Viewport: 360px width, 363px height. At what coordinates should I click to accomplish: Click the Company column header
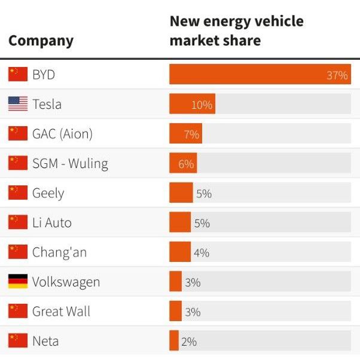point(41,41)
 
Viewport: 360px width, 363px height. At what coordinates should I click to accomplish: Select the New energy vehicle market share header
point(236,31)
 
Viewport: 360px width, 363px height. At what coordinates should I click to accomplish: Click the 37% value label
point(337,75)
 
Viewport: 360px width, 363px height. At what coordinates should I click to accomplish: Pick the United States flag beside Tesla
point(18,104)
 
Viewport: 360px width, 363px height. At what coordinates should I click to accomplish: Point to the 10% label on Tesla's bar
point(202,105)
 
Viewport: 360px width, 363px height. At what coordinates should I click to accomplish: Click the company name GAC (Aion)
point(62,133)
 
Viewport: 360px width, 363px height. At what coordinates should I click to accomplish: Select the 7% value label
point(191,135)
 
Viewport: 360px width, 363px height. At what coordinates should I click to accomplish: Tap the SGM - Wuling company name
point(70,163)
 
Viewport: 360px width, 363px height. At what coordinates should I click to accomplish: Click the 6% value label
point(186,164)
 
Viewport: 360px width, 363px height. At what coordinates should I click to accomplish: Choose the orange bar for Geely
point(181,193)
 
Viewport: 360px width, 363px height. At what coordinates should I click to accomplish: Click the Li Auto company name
point(51,222)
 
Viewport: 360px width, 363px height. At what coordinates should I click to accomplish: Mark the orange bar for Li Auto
point(179,222)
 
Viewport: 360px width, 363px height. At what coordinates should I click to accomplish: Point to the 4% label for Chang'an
point(202,252)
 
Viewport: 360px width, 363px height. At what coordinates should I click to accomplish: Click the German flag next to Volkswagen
point(18,281)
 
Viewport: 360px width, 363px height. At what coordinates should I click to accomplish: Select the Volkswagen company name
point(66,282)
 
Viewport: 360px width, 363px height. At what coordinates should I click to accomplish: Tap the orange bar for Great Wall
point(175,311)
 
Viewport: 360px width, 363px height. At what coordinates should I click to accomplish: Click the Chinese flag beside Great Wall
point(18,311)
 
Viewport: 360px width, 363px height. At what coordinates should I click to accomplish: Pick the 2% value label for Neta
point(189,341)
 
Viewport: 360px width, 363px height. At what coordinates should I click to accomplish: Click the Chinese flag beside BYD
point(18,74)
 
